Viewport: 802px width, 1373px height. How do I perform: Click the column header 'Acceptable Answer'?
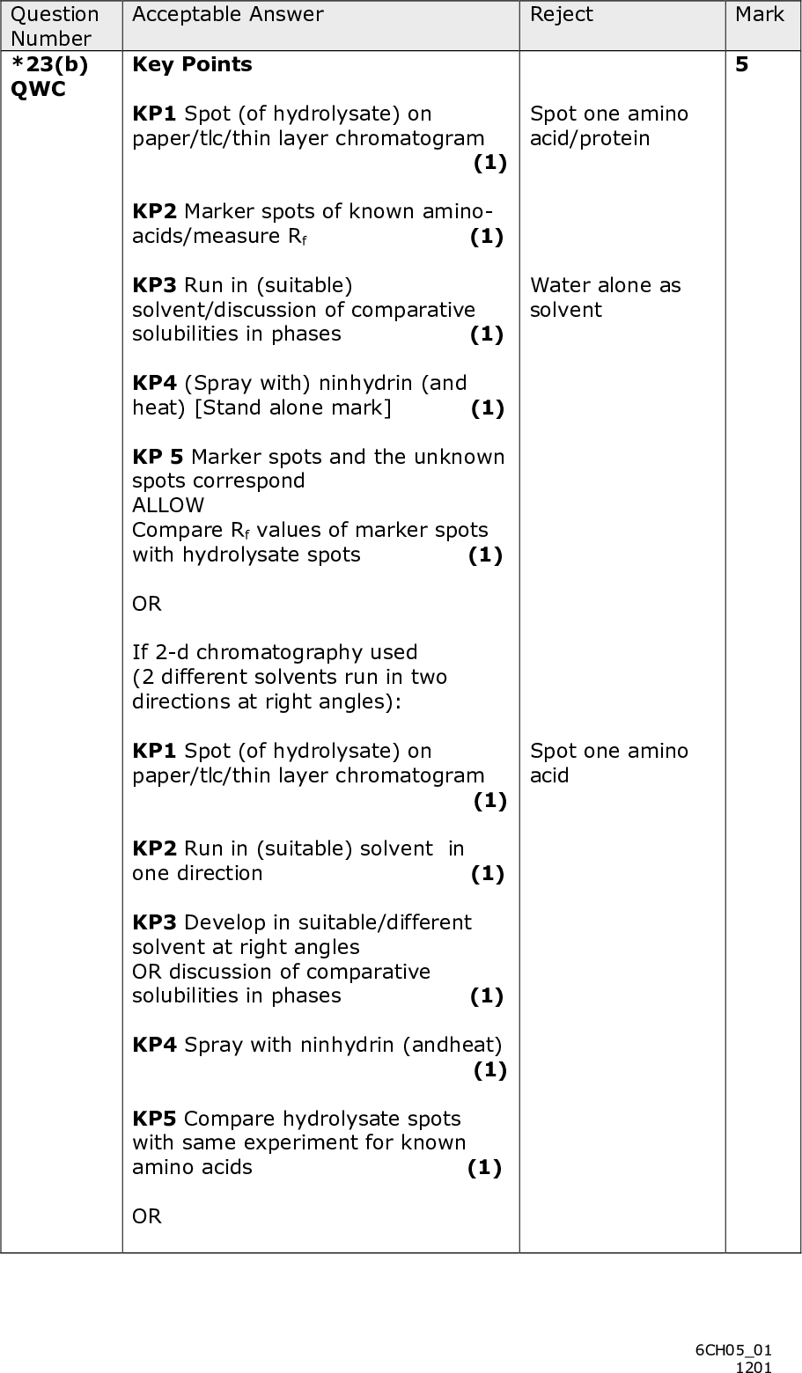(228, 14)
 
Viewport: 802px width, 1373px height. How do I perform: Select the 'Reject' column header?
(561, 14)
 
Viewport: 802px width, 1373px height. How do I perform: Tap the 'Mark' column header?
(760, 14)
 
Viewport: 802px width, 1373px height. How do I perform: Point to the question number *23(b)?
(50, 64)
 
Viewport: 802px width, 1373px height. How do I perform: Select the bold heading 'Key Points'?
(192, 64)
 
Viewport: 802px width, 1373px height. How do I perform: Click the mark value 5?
(741, 64)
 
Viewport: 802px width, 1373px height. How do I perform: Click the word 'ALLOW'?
(168, 505)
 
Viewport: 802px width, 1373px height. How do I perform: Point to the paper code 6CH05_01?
(733, 1349)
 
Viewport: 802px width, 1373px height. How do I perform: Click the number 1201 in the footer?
(754, 1366)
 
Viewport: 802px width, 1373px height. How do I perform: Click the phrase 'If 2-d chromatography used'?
(275, 652)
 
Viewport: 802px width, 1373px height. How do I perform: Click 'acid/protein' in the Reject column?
(590, 138)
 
